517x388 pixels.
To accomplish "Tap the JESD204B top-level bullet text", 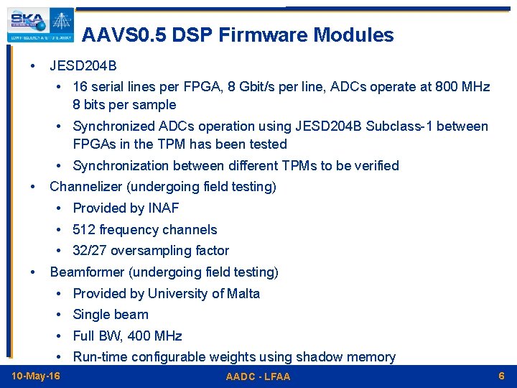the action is [x=83, y=66].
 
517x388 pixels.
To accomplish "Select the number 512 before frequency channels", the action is [x=84, y=230].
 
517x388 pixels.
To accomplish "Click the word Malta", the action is [x=243, y=293].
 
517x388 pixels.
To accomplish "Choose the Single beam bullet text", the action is [x=111, y=315].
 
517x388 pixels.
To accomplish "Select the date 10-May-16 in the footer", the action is [x=36, y=377].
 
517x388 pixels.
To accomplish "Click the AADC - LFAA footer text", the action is [x=258, y=377].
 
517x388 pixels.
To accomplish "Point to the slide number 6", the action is [x=501, y=376].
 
